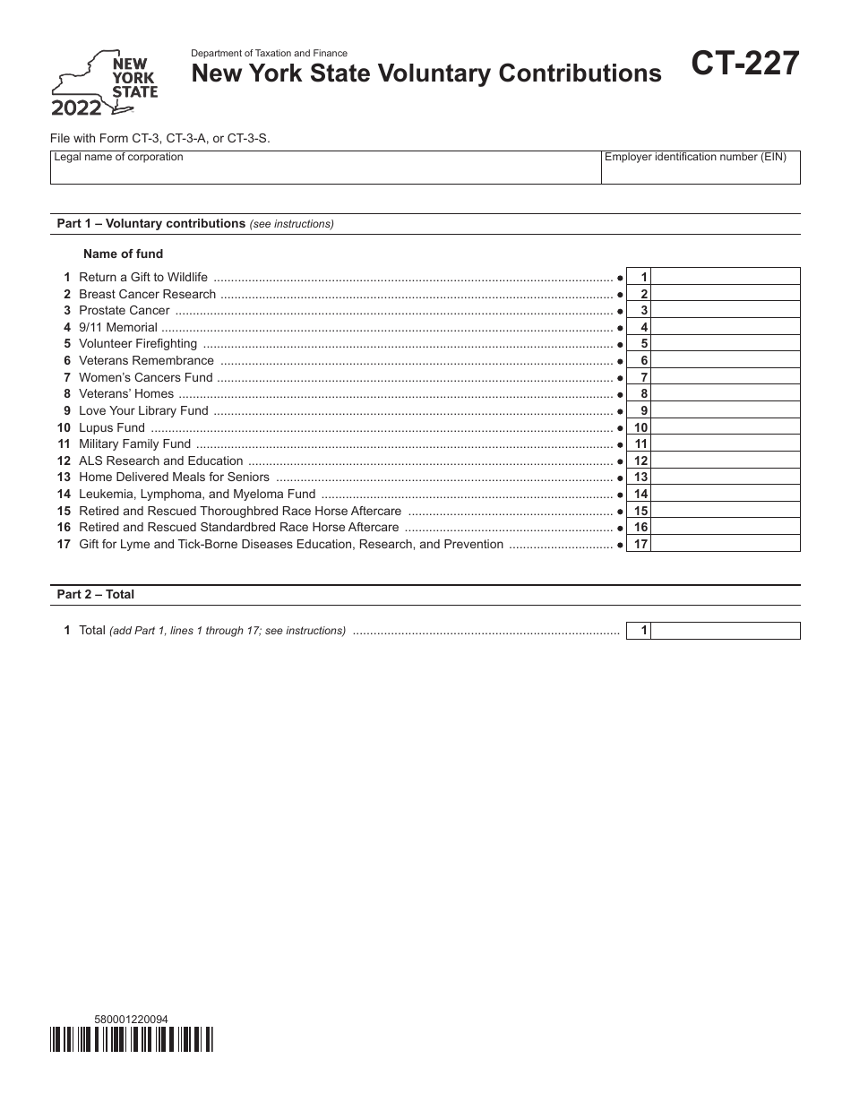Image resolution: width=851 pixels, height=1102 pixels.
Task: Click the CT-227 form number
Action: [x=745, y=65]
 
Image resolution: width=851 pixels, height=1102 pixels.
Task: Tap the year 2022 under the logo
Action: [x=76, y=108]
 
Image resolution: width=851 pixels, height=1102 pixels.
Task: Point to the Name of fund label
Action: [x=123, y=254]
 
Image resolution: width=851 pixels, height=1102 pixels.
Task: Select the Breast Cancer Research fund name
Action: [x=147, y=294]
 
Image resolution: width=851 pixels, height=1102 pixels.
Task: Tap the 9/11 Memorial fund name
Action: [x=118, y=327]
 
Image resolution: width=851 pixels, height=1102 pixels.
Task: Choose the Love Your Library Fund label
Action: [x=143, y=410]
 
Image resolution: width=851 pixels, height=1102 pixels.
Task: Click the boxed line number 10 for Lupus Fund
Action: [x=640, y=427]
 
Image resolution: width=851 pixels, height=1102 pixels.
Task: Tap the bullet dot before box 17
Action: [x=620, y=545]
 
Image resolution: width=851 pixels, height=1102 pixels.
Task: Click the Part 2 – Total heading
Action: [x=96, y=594]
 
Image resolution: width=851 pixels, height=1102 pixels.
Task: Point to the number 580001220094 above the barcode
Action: [x=131, y=1019]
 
